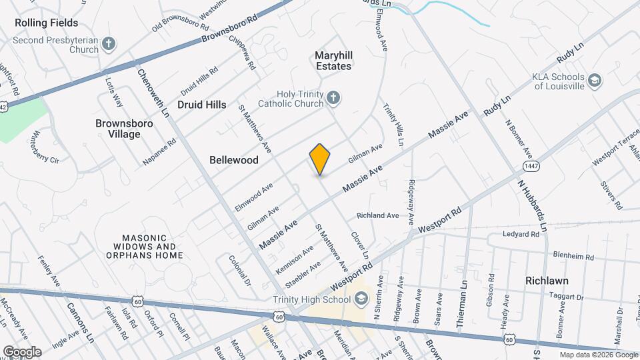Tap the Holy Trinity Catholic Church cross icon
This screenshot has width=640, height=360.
tap(334, 99)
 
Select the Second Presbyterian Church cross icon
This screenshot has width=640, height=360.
tap(110, 45)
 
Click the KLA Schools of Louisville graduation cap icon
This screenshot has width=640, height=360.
tap(595, 81)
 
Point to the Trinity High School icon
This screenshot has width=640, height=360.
tap(361, 299)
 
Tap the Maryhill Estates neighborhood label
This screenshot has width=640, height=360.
tap(333, 60)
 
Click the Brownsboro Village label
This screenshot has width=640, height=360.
tap(124, 129)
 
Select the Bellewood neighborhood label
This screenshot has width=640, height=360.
tap(233, 160)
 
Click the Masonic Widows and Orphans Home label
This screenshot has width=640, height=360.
tap(152, 246)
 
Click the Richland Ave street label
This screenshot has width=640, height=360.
tap(377, 215)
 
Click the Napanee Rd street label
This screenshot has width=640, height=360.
tap(159, 151)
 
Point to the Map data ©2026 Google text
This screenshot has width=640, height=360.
tap(598, 355)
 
